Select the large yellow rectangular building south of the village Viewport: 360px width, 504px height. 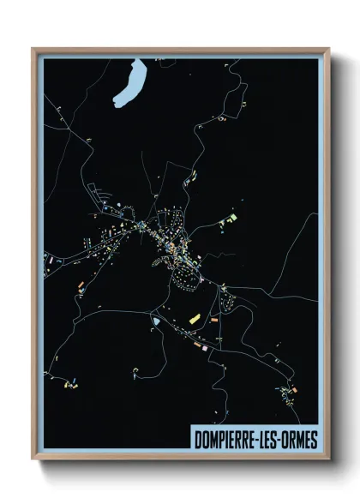(194, 319)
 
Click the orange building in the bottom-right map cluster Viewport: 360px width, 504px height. (293, 391)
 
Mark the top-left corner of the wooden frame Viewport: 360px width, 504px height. (33, 49)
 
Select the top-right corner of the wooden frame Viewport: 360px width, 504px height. (330, 49)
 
